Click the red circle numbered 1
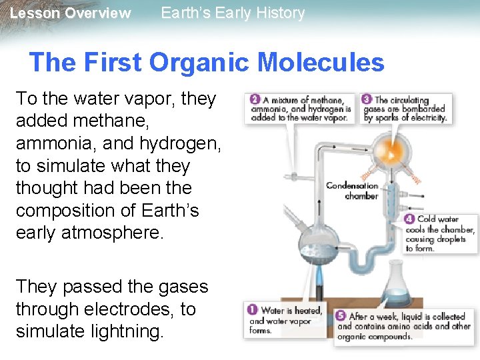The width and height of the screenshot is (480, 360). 253,309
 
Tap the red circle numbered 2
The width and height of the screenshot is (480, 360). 255,99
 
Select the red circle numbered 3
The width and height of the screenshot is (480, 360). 367,99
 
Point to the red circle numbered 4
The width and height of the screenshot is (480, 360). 409,219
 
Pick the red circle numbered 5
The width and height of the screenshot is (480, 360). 341,316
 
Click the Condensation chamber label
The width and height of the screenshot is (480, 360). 352,191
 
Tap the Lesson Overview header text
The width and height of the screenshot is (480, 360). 71,13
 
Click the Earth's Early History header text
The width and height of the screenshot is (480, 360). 233,13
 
